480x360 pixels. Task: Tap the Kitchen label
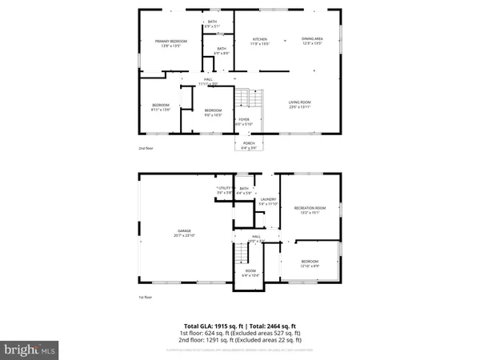pyautogui.click(x=260, y=39)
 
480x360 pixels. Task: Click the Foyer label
pyautogui.click(x=243, y=122)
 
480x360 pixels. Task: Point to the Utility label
pyautogui.click(x=225, y=188)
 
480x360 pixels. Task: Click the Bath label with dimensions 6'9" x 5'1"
pyautogui.click(x=213, y=22)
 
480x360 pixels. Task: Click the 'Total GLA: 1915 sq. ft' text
pyautogui.click(x=211, y=326)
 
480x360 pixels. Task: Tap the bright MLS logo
pyautogui.click(x=30, y=350)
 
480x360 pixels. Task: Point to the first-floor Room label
pyautogui.click(x=250, y=271)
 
